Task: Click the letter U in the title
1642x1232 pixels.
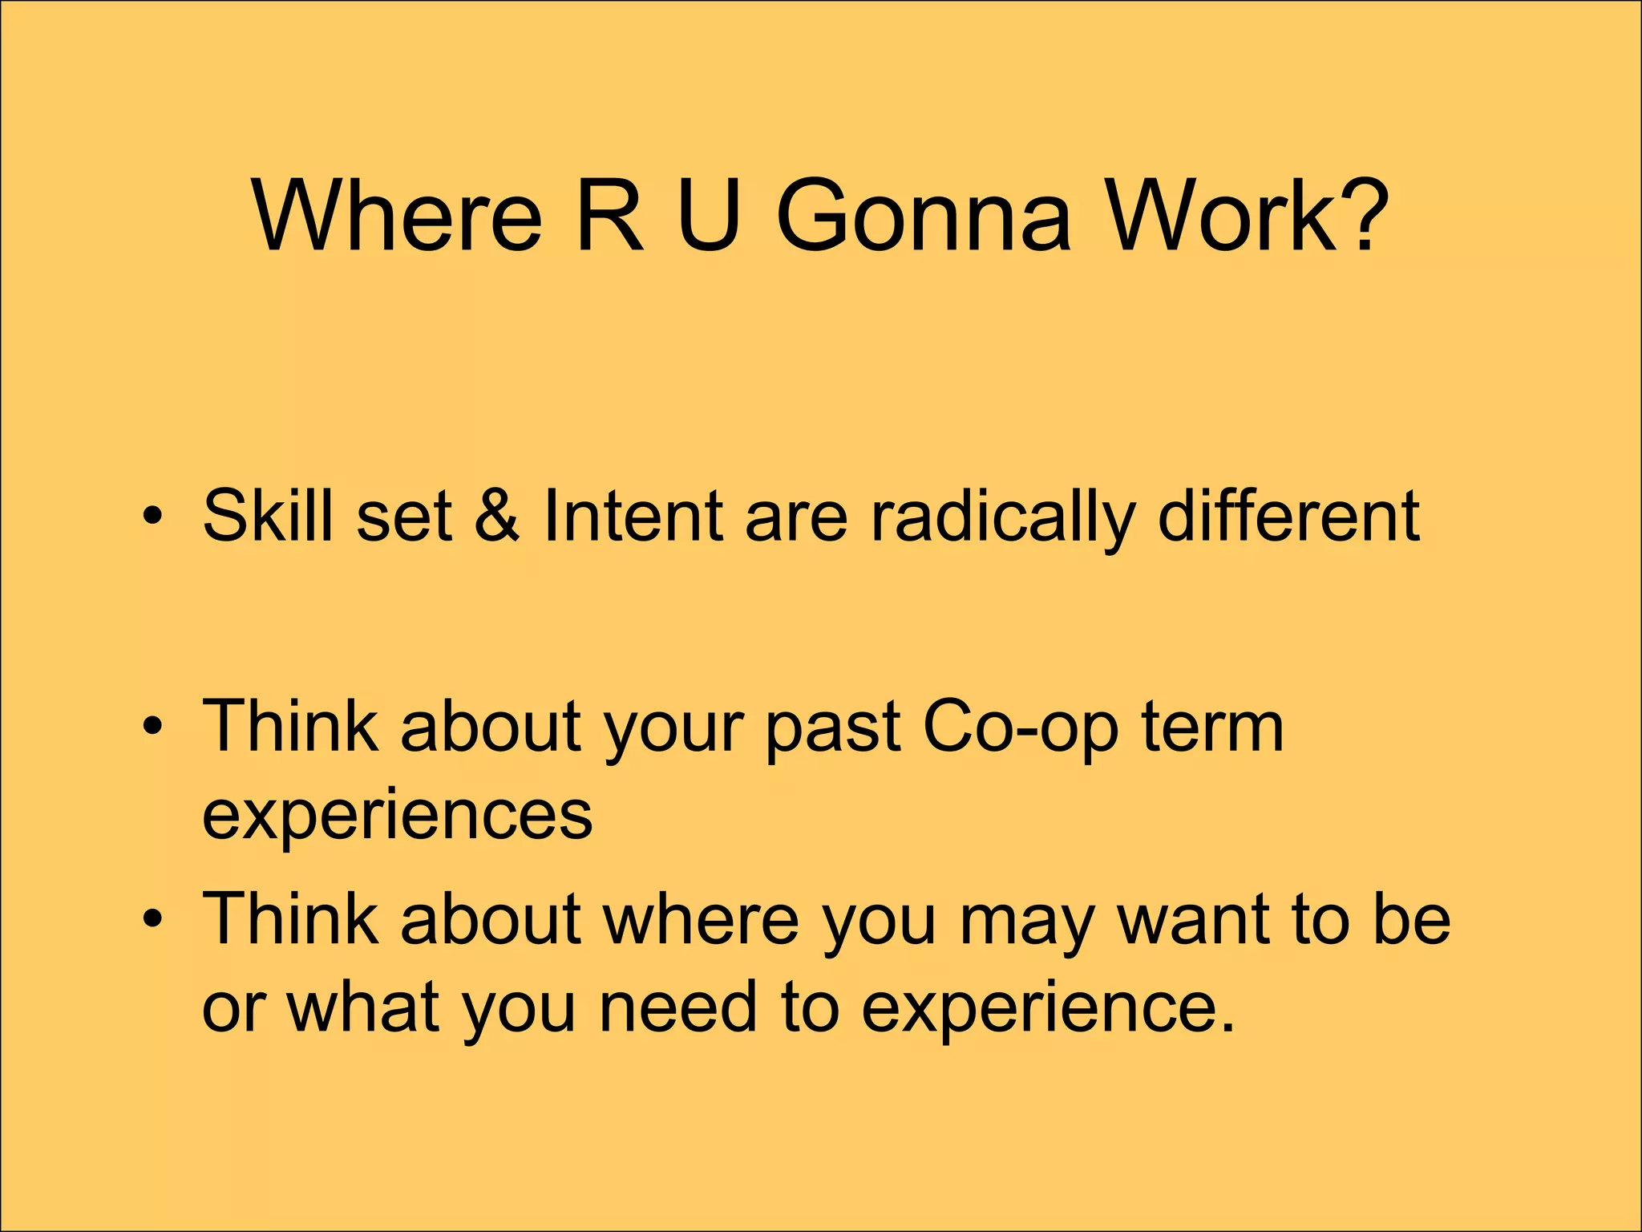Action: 708,215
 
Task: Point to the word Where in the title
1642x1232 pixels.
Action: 398,215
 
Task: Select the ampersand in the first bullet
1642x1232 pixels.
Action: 496,515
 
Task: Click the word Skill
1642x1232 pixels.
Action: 268,515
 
